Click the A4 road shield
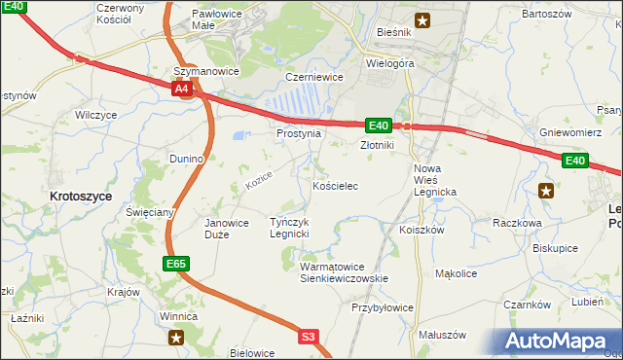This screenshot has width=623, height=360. [182, 90]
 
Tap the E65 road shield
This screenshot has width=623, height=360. [176, 264]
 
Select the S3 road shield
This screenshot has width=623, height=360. [308, 337]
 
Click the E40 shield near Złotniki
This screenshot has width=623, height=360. [379, 125]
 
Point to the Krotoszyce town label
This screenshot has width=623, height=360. [80, 196]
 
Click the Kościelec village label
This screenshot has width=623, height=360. [338, 185]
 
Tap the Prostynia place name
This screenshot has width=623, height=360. [298, 133]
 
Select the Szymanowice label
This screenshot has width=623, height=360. [205, 72]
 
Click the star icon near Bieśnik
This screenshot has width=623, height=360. [422, 19]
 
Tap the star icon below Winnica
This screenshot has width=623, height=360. [176, 337]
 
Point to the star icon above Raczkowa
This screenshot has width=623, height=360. [545, 191]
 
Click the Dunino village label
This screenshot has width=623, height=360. [185, 158]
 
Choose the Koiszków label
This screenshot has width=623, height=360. [421, 231]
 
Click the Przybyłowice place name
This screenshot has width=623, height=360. [383, 307]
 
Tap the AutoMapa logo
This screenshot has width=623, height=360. [554, 342]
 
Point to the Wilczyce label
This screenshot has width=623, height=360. [96, 115]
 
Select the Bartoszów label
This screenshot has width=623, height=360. [545, 15]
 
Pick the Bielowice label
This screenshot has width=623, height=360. [252, 353]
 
